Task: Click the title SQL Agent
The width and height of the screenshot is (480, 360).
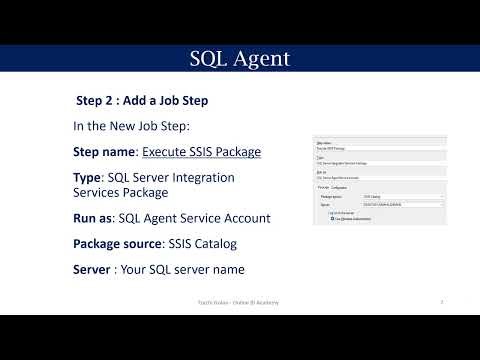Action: coord(240,59)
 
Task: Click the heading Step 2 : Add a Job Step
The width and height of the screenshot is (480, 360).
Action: coord(142,101)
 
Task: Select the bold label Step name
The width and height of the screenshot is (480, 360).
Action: coord(105,152)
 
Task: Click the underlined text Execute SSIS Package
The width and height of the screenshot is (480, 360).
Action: coord(201,152)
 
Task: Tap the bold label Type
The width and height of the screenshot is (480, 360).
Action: coord(87,177)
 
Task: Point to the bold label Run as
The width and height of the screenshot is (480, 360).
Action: coord(93,218)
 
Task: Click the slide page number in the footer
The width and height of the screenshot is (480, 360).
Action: coord(441,300)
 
